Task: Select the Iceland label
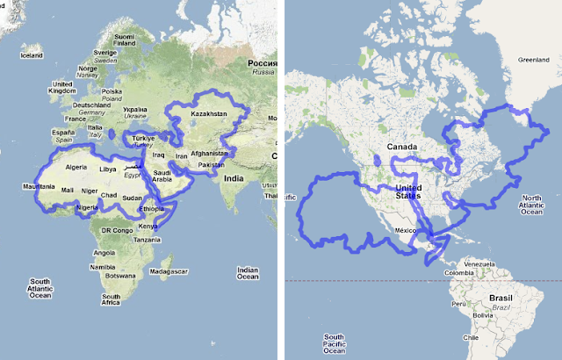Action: click(32, 55)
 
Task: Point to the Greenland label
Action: click(533, 60)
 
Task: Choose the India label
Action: click(232, 179)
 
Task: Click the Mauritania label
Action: click(40, 186)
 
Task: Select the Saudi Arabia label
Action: click(168, 177)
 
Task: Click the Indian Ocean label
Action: click(249, 275)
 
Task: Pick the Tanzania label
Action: click(148, 240)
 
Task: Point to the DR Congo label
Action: click(116, 230)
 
